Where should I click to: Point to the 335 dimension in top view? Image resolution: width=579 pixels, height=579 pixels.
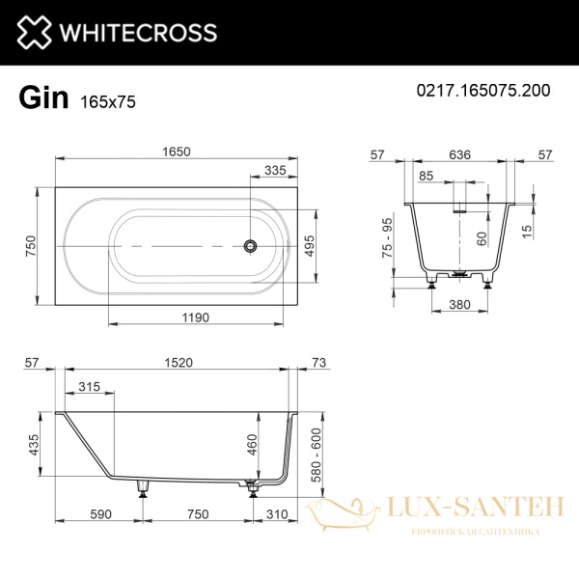(276, 171)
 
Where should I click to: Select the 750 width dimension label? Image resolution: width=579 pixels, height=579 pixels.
(31, 245)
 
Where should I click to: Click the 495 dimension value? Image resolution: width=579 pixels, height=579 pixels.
(310, 245)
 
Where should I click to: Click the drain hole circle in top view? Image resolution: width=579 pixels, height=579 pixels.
(251, 245)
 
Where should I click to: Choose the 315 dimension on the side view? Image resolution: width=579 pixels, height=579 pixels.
(89, 387)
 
